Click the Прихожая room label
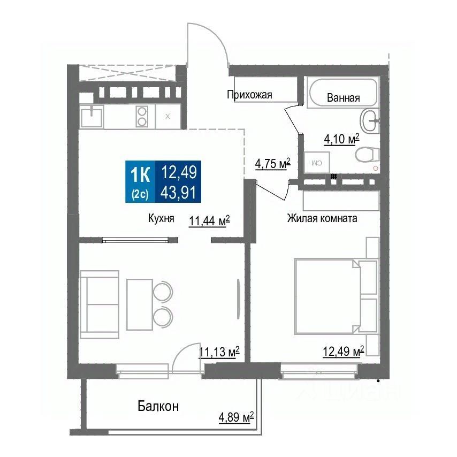tap(249, 95)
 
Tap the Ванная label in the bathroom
tap(342, 98)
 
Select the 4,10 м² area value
tap(341, 140)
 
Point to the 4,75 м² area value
tap(272, 164)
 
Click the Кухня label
tap(161, 218)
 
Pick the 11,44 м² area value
tap(209, 221)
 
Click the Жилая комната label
tap(322, 218)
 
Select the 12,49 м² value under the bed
tap(343, 352)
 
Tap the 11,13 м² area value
tap(218, 352)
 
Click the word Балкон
tap(158, 406)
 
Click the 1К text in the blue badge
tap(140, 173)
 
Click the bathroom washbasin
tap(370, 120)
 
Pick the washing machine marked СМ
tap(317, 161)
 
